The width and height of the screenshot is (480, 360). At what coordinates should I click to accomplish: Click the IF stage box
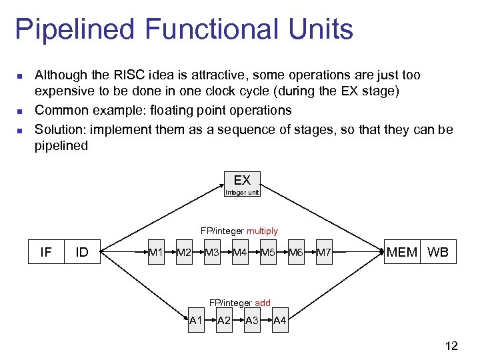coord(46,252)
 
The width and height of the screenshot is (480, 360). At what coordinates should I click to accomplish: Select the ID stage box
coord(83,252)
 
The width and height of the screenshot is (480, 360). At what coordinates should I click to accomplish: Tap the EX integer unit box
coord(242,185)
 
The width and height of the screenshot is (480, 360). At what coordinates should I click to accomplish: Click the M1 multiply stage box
coord(156,252)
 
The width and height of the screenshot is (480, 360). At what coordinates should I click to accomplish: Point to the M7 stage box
coord(324,252)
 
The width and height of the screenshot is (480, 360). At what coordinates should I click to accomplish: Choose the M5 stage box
coord(268,252)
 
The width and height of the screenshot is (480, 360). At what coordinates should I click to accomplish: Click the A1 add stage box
coord(196,321)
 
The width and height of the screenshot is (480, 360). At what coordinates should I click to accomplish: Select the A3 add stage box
coord(252,321)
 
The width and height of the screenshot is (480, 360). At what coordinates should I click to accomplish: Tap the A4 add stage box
coord(280,321)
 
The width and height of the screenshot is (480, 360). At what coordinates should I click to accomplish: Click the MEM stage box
coord(403,252)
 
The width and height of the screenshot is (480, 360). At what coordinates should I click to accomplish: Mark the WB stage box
coord(438,252)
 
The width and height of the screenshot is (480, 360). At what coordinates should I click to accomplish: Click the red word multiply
coord(262,231)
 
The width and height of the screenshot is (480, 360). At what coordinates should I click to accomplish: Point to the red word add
coord(263,303)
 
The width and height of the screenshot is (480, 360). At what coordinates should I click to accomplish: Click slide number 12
coord(451,345)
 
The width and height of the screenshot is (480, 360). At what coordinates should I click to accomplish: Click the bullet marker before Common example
coord(20,111)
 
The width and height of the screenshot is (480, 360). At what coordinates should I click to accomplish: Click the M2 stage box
coord(184,252)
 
